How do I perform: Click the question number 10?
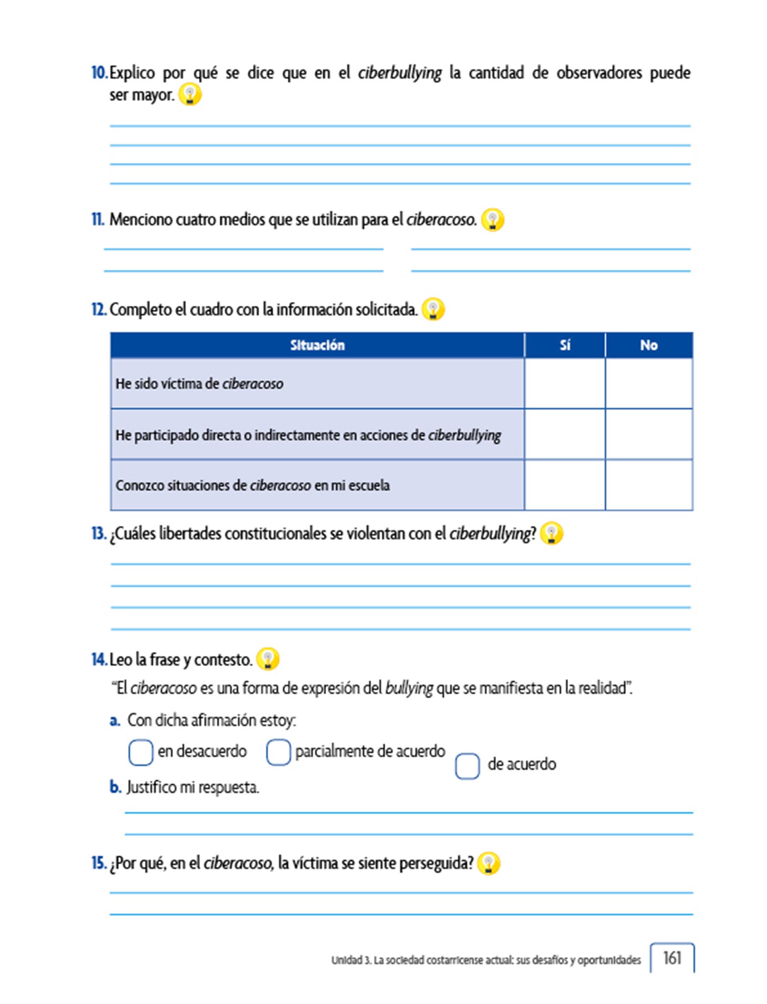99,73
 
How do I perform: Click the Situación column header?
317,345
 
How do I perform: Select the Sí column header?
565,345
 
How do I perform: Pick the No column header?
648,345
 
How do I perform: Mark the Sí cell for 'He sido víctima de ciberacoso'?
565,383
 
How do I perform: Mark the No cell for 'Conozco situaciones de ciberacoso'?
648,485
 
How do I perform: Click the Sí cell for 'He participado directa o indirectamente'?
565,434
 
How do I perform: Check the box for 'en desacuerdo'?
141,752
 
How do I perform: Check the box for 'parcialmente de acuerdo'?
278,752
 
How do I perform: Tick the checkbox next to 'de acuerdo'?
467,765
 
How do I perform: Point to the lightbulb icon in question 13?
551,533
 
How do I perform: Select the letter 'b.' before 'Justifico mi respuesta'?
115,787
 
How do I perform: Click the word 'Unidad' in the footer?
346,960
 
